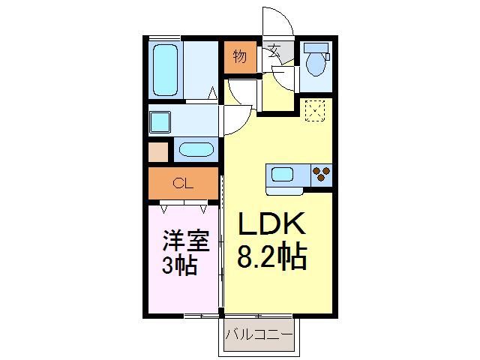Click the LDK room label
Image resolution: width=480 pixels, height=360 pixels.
(271, 225)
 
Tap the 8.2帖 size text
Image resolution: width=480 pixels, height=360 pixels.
(271, 257)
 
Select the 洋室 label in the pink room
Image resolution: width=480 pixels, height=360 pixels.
(185, 242)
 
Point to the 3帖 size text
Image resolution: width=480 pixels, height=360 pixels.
(179, 265)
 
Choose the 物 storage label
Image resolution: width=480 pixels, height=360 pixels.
(239, 56)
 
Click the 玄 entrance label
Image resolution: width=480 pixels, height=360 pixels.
(274, 52)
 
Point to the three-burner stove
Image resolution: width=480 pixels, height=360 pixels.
(322, 175)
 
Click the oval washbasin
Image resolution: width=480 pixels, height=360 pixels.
(196, 148)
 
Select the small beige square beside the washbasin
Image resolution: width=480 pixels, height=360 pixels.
(158, 151)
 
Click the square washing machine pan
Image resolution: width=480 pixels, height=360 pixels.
(160, 121)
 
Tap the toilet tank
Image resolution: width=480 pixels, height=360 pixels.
(318, 49)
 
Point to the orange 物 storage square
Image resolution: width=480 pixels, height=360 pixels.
(239, 57)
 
